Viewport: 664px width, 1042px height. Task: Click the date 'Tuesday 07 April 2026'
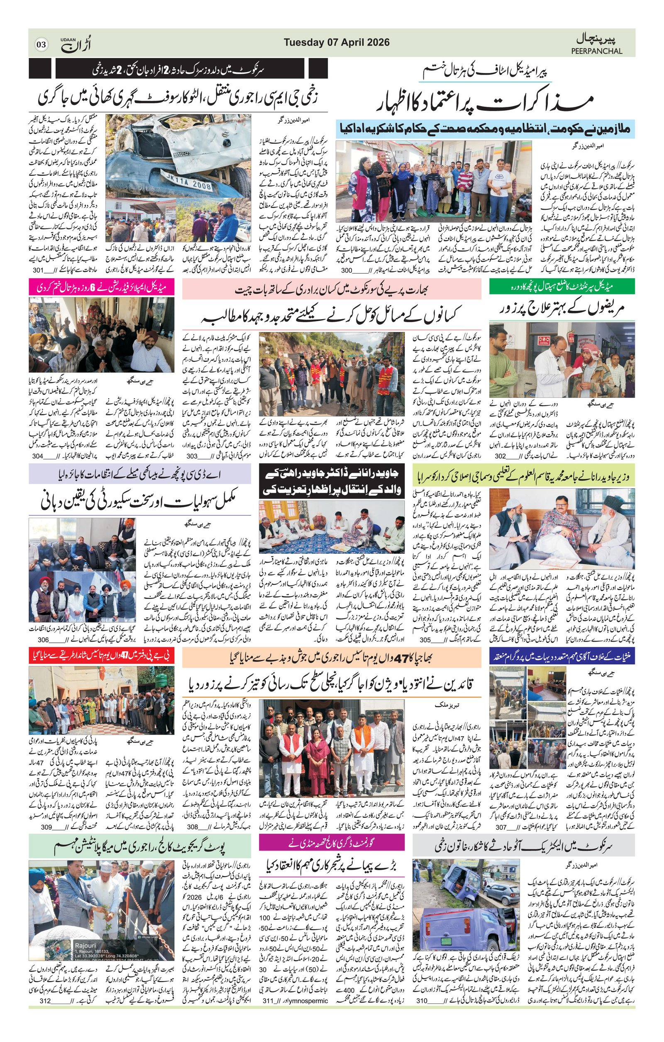pyautogui.click(x=337, y=42)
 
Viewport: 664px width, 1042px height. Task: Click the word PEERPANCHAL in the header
pyautogui.click(x=596, y=51)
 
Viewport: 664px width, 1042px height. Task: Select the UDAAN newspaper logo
pyautogui.click(x=76, y=44)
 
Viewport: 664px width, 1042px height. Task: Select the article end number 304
pyautogui.click(x=39, y=456)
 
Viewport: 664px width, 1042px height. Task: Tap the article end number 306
pyautogui.click(x=43, y=640)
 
